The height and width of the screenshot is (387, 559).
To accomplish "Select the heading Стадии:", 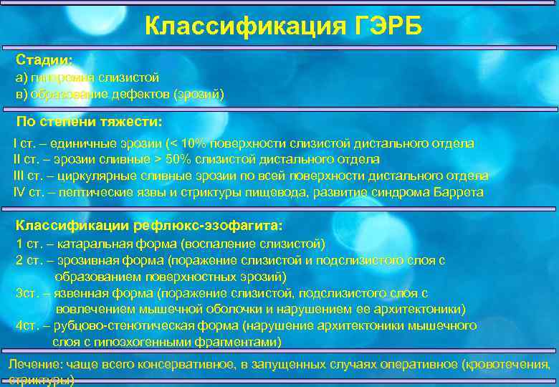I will pos(44,60).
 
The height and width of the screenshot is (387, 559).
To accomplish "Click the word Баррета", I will pos(459,192).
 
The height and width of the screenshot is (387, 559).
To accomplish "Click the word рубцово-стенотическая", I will pos(130,325).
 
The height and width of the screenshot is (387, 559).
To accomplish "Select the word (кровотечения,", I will pos(509,365).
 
